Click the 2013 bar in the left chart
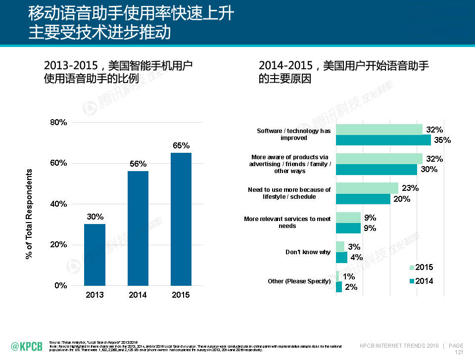click(95, 255)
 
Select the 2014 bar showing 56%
click(138, 228)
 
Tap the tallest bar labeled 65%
click(181, 219)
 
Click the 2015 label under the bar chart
click(181, 295)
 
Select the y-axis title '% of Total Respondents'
click(29, 214)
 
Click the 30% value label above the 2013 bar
click(95, 217)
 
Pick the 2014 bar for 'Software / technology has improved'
click(383, 140)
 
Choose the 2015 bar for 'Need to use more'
click(367, 188)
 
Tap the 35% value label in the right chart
click(442, 140)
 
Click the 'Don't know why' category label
click(308, 252)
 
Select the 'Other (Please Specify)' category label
click(299, 281)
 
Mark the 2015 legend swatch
click(412, 268)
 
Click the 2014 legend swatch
click(412, 281)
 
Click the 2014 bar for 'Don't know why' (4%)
click(341, 257)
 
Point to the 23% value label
click(410, 188)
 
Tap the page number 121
click(459, 353)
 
